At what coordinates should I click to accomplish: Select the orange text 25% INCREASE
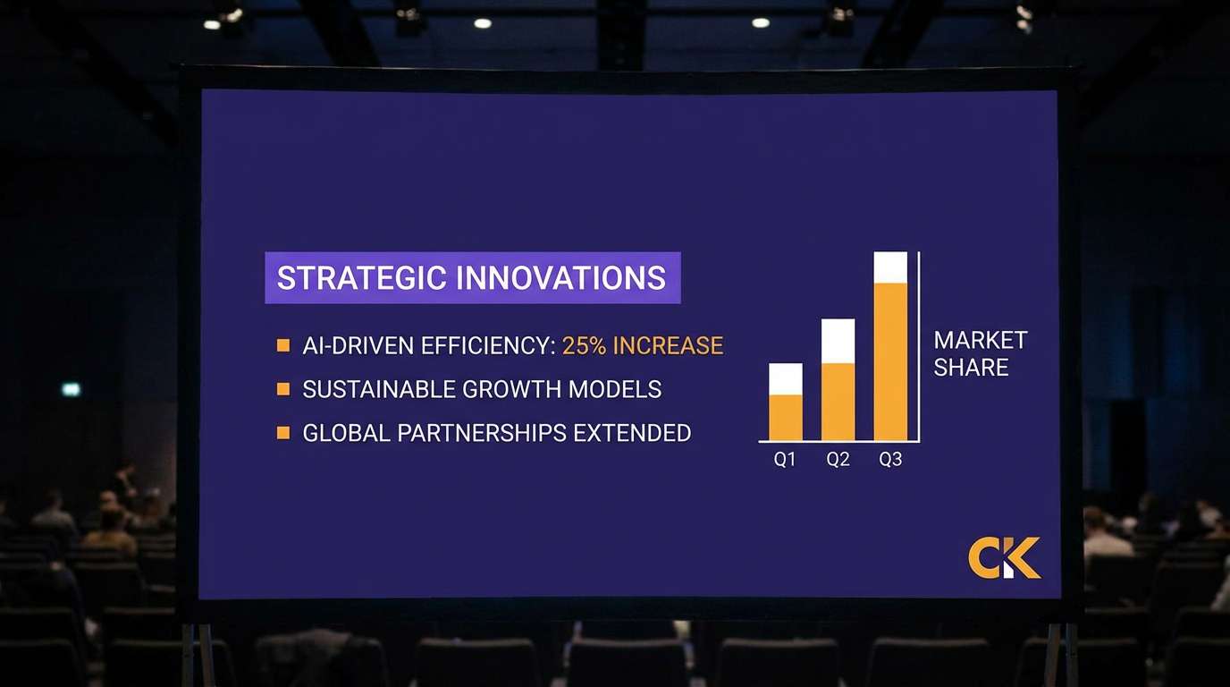pos(642,345)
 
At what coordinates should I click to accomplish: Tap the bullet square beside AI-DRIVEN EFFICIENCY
pos(283,345)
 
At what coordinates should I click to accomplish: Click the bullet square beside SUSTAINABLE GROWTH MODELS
pos(283,389)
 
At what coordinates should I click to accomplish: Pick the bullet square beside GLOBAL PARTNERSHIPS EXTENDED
pos(283,433)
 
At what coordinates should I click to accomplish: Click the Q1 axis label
pos(785,460)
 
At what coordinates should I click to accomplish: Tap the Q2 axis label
pos(838,460)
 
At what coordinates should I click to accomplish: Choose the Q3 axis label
pos(890,460)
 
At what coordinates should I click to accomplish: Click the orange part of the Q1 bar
pos(786,418)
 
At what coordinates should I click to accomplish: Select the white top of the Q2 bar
pos(838,341)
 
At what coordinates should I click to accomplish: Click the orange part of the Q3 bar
pos(890,361)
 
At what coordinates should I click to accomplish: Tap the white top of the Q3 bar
pos(890,267)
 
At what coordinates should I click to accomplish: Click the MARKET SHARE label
pos(980,353)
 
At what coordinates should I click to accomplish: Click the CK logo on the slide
pos(1004,558)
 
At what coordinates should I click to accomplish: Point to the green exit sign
pos(72,389)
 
